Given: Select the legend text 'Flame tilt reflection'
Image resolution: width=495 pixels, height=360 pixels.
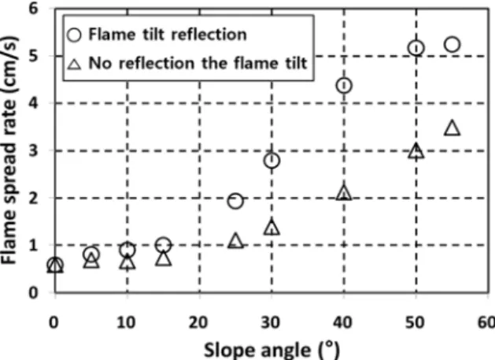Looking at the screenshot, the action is coord(168,34).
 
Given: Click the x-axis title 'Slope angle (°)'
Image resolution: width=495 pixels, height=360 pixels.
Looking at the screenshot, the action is coord(272,351).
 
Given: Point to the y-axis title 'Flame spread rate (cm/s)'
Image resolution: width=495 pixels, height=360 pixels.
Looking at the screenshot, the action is coord(9,150).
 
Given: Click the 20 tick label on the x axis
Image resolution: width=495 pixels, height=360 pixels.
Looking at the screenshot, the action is coord(198,323).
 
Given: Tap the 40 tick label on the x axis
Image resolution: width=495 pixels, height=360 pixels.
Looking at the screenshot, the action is coord(343,323).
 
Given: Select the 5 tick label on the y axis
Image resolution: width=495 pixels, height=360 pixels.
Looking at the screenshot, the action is coord(34,56).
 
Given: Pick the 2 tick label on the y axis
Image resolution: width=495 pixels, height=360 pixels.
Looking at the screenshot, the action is coord(34,199).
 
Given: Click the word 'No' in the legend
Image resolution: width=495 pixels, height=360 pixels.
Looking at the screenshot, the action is coord(100,63).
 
